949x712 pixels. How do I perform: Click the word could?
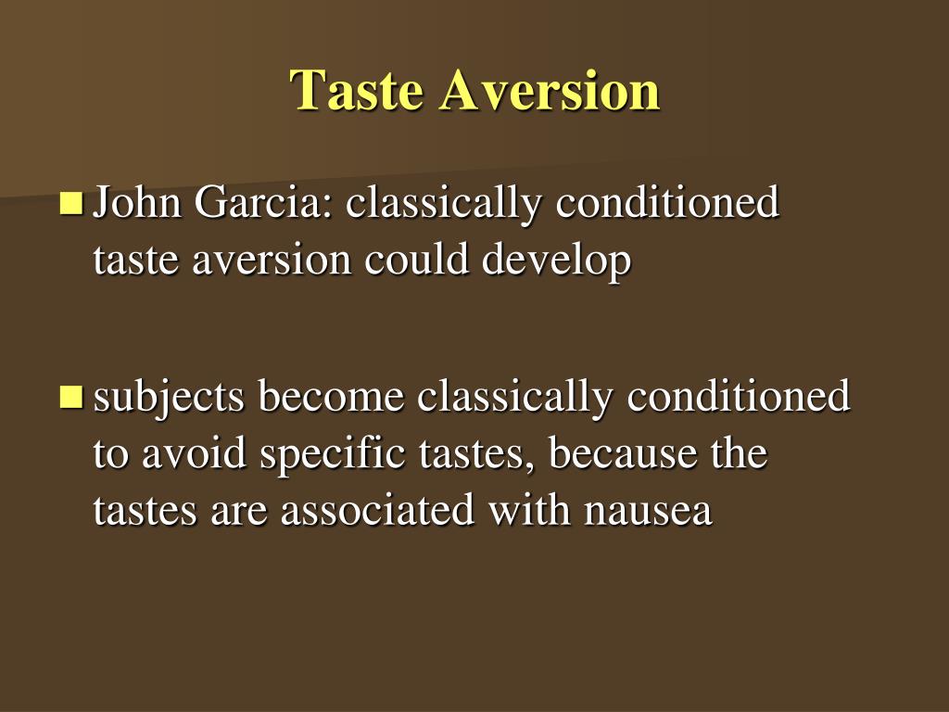416,261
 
